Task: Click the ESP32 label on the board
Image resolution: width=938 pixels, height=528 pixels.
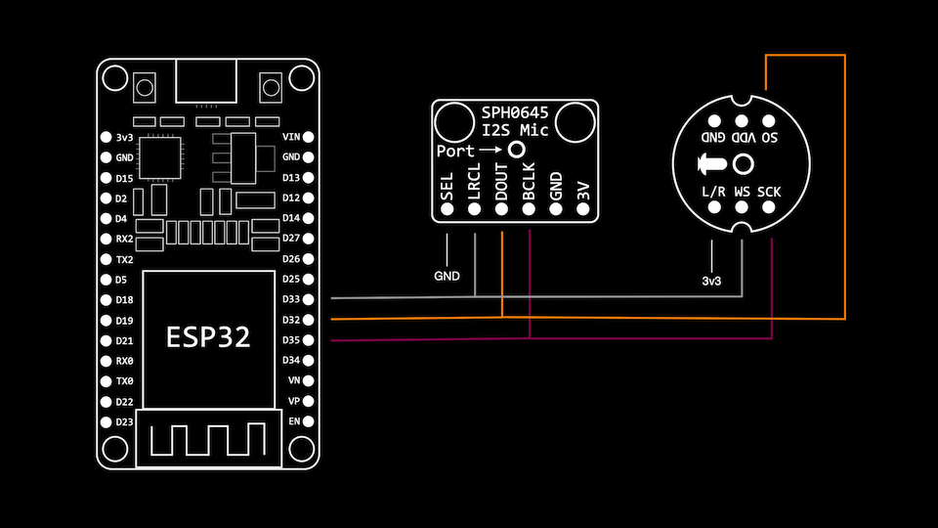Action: click(x=207, y=338)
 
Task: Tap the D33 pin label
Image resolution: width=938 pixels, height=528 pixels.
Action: click(x=290, y=299)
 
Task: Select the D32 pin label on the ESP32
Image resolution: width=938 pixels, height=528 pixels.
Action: click(x=290, y=320)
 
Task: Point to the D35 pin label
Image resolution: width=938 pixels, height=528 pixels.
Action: click(x=290, y=340)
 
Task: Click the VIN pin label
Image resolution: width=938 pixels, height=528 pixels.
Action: click(x=290, y=137)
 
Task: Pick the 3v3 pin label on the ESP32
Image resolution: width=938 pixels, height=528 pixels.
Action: click(x=124, y=137)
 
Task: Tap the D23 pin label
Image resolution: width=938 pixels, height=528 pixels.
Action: click(x=124, y=421)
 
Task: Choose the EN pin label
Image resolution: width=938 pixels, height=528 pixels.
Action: click(x=293, y=421)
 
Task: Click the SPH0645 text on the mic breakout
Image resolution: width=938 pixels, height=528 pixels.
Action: click(x=515, y=112)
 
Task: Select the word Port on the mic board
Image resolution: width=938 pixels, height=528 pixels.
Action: click(x=454, y=151)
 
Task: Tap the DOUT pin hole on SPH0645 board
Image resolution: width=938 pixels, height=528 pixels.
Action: click(x=502, y=208)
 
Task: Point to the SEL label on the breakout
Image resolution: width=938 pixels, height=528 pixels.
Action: click(x=448, y=186)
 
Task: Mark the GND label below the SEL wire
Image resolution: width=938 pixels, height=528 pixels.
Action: click(x=447, y=277)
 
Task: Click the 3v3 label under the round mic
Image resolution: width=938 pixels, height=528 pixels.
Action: click(x=712, y=282)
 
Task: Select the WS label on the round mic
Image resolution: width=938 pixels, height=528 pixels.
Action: click(x=743, y=192)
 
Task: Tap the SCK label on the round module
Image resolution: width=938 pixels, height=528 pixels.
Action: click(x=769, y=192)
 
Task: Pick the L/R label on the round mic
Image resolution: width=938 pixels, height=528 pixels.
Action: click(x=714, y=192)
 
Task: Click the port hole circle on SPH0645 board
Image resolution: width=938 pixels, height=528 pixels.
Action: click(x=516, y=150)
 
